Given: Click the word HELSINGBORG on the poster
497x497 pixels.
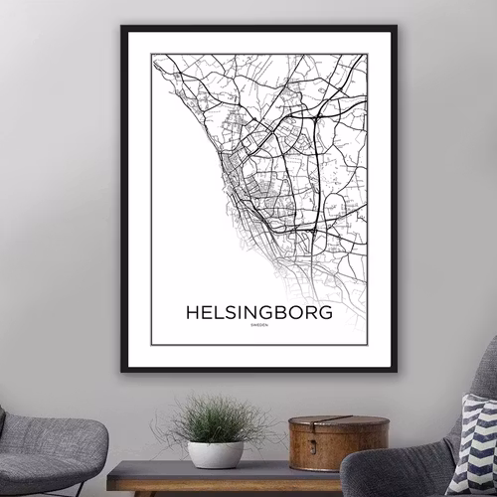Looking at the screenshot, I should [x=257, y=312].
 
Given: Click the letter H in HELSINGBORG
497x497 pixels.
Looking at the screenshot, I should [x=191, y=312].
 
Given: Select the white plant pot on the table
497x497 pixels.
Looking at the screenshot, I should [x=216, y=454].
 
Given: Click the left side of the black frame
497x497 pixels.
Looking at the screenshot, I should [x=124, y=199].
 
